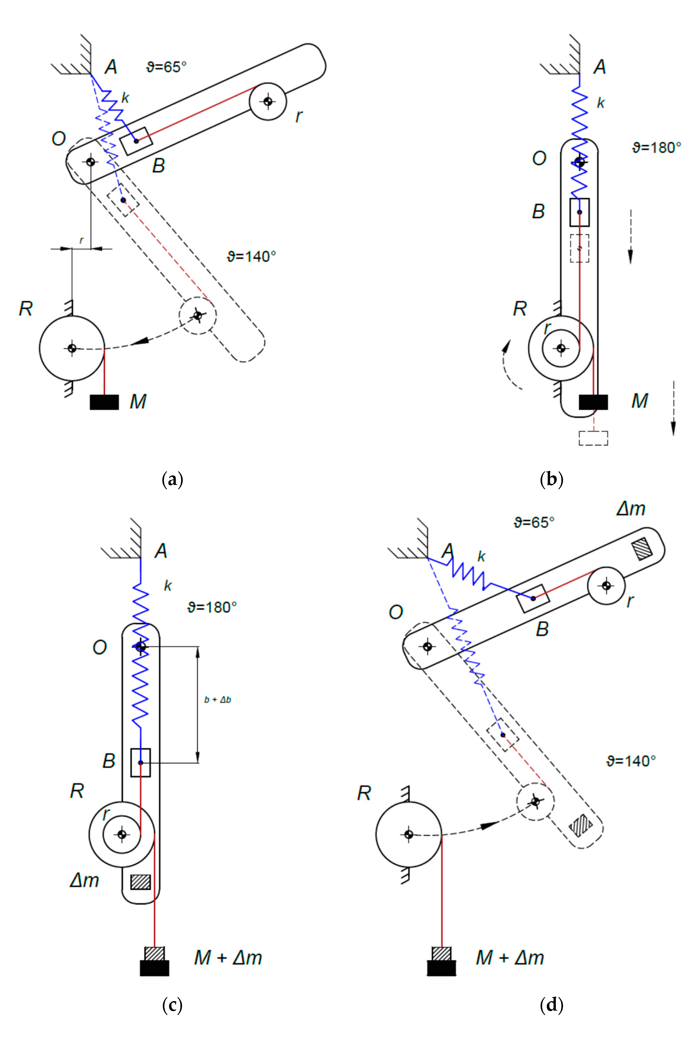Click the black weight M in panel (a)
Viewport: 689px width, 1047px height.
(x=104, y=402)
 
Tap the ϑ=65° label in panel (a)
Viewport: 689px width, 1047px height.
(x=166, y=67)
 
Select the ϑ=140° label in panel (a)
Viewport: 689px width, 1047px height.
(x=251, y=256)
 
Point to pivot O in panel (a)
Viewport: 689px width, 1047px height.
(x=91, y=161)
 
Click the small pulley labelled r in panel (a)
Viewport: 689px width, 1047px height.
(x=268, y=101)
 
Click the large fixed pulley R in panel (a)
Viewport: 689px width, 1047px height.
(x=72, y=348)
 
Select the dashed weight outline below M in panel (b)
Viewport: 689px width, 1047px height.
(x=593, y=438)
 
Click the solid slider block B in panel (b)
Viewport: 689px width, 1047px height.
(x=579, y=212)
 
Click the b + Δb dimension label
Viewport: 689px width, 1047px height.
(x=218, y=699)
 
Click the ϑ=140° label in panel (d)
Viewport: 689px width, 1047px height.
(x=630, y=761)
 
